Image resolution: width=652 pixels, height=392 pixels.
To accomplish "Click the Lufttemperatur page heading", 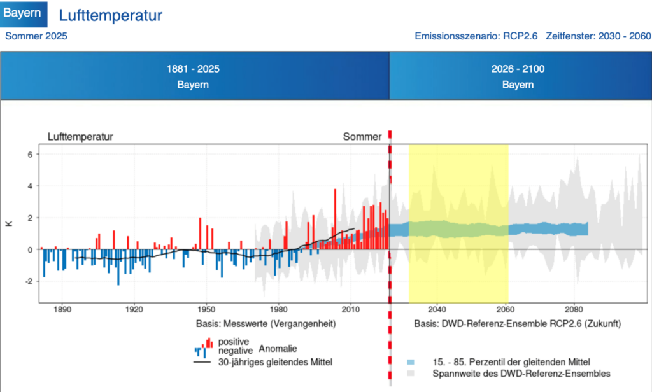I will [x=110, y=15].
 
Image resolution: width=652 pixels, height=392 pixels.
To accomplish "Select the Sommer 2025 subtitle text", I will [x=36, y=36].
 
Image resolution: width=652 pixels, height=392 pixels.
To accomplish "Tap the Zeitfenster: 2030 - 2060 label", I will [x=598, y=36].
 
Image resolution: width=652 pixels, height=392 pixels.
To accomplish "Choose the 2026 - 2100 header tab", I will [x=518, y=76].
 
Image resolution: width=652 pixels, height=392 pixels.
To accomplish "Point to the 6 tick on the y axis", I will [x=29, y=154].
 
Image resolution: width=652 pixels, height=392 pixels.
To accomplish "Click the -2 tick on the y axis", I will [x=27, y=281].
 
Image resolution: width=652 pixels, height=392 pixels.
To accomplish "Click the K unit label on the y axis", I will [x=9, y=224].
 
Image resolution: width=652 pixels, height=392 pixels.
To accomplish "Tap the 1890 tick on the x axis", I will [x=62, y=311].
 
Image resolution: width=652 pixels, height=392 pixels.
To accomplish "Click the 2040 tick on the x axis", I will [x=436, y=311].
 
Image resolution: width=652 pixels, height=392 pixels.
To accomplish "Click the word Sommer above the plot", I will [x=362, y=136].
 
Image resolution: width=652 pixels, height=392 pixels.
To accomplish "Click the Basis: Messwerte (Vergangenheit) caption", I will [x=266, y=324].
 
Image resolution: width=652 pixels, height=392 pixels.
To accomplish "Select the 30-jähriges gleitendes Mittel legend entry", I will [x=275, y=362].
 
